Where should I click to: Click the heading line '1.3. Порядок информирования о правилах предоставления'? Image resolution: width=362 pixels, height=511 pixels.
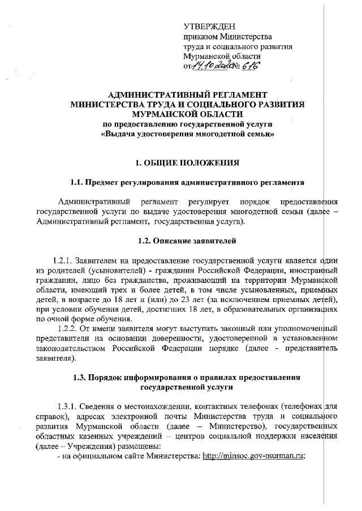tap(187, 377)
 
